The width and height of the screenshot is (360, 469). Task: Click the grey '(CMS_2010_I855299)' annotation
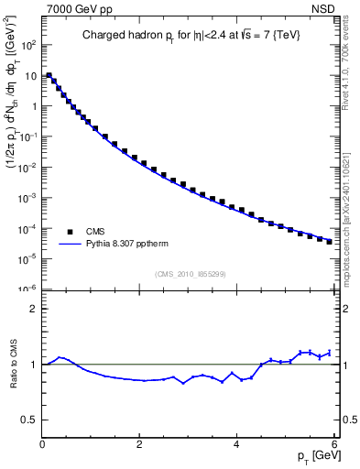189,274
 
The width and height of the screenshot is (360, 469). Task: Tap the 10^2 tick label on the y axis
27,44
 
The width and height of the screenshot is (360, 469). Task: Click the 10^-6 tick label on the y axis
27,289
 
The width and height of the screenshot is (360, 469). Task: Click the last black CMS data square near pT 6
329,242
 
